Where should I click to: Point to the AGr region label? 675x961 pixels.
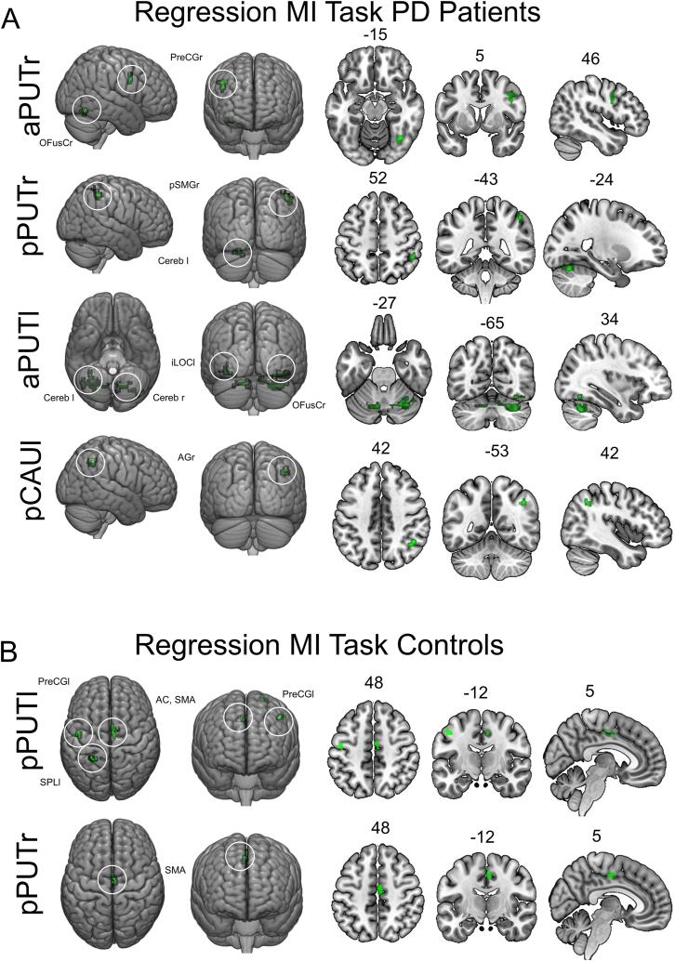(x=186, y=457)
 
